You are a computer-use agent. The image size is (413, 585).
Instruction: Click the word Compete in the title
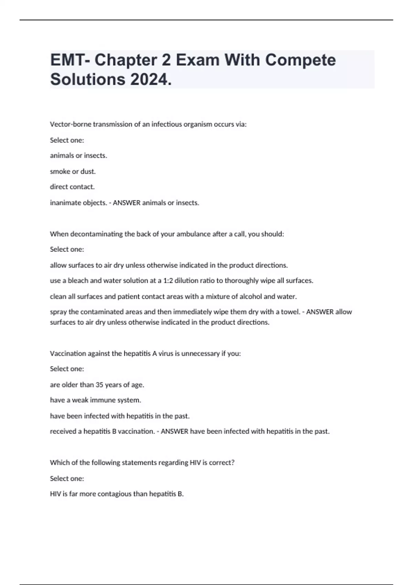coord(300,60)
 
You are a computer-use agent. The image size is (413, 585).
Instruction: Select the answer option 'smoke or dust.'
coord(73,171)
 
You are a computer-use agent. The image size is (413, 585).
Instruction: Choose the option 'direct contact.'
coord(72,187)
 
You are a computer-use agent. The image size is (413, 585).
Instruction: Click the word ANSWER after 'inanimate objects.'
coord(127,203)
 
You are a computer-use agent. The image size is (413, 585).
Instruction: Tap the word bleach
coord(78,280)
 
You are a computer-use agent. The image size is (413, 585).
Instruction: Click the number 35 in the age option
coord(99,385)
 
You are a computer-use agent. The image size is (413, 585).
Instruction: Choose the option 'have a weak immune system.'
coord(95,400)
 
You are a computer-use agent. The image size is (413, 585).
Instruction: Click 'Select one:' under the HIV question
coord(67,478)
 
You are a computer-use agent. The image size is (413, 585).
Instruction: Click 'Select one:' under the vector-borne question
coord(67,140)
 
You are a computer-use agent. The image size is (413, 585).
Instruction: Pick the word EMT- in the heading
coord(70,60)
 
